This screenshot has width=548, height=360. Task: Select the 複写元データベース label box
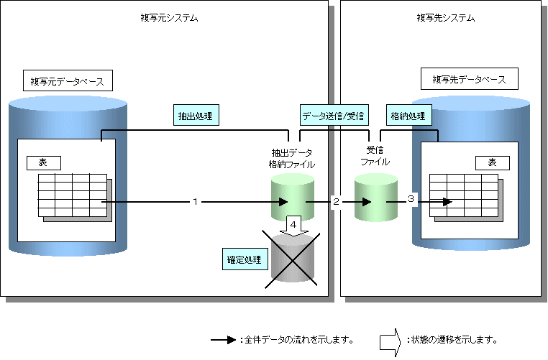pyautogui.click(x=68, y=79)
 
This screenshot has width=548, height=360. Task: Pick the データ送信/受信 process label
pyautogui.click(x=333, y=114)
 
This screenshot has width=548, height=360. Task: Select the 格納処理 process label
pyautogui.click(x=408, y=114)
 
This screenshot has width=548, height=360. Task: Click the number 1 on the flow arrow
pyautogui.click(x=195, y=202)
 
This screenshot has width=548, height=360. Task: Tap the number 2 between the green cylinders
pyautogui.click(x=335, y=202)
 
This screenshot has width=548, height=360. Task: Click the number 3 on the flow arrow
pyautogui.click(x=411, y=199)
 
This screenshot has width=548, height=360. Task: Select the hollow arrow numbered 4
pyautogui.click(x=294, y=225)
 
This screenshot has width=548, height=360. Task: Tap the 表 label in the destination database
pyautogui.click(x=492, y=163)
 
